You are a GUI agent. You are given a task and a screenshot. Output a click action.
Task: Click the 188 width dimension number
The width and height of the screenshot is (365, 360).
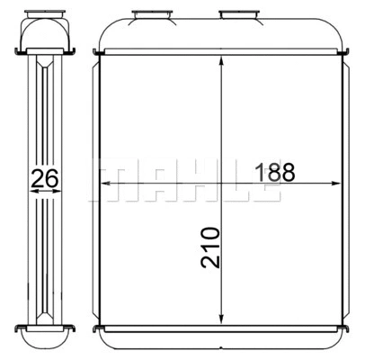[274, 171]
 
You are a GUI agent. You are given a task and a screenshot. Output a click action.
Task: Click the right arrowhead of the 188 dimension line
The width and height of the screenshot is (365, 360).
[341, 183]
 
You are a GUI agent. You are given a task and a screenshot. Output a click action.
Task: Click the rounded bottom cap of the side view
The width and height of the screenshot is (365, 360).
[45, 333]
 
